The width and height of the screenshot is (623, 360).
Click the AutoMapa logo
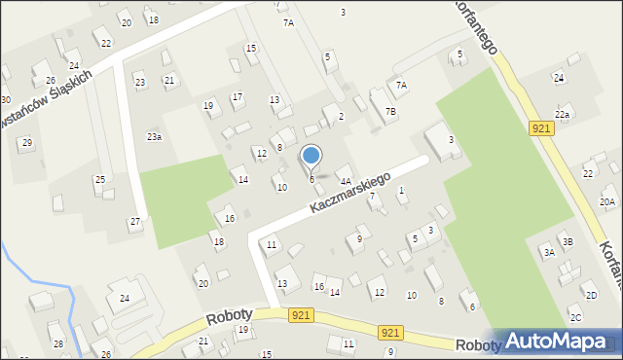[563, 342]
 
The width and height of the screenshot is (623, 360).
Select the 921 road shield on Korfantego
[542, 128]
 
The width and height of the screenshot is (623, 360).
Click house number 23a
[154, 137]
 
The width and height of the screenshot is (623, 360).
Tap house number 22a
[562, 115]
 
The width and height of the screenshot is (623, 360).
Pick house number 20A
[607, 202]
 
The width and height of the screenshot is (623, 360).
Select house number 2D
[590, 295]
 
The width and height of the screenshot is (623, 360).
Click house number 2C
[575, 318]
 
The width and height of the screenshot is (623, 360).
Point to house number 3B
[568, 241]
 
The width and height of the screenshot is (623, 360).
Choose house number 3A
[549, 252]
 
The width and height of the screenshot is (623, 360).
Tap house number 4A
[345, 181]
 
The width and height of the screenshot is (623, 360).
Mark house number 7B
[390, 112]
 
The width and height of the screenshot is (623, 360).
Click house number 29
[27, 143]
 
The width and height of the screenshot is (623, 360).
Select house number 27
[135, 222]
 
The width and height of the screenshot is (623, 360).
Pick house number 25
[99, 180]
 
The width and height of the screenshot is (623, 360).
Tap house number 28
[57, 344]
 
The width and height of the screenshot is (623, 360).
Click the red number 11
[272, 244]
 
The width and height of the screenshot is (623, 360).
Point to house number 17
[238, 96]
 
